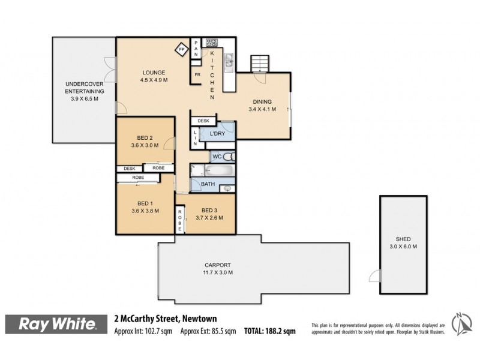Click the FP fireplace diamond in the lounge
182,49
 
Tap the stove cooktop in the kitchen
212,42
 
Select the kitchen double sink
229,61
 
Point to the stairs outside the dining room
260,64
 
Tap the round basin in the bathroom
227,188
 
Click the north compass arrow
462,324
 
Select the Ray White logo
56,324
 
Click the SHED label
403,239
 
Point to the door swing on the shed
374,276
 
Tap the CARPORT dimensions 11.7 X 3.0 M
218,272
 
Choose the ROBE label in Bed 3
179,220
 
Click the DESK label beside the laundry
203,121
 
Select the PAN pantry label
196,49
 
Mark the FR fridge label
197,74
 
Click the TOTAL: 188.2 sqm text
269,331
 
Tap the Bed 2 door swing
169,143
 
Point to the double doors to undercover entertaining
110,70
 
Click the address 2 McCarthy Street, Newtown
166,319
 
